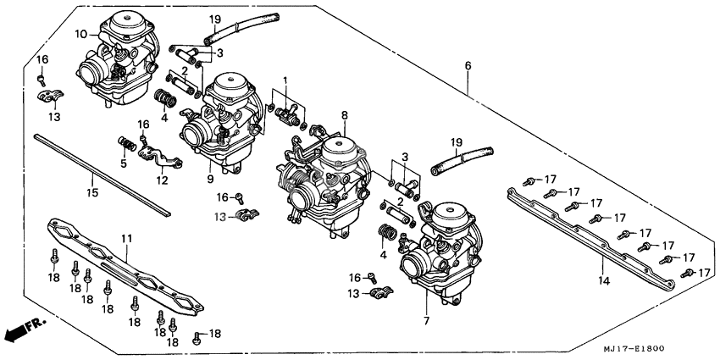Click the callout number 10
(80, 35)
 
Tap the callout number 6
(468, 66)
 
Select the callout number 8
(345, 114)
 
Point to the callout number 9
(209, 180)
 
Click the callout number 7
(426, 321)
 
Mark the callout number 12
(163, 180)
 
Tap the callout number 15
(92, 192)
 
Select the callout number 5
(124, 164)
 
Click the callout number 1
(285, 80)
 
